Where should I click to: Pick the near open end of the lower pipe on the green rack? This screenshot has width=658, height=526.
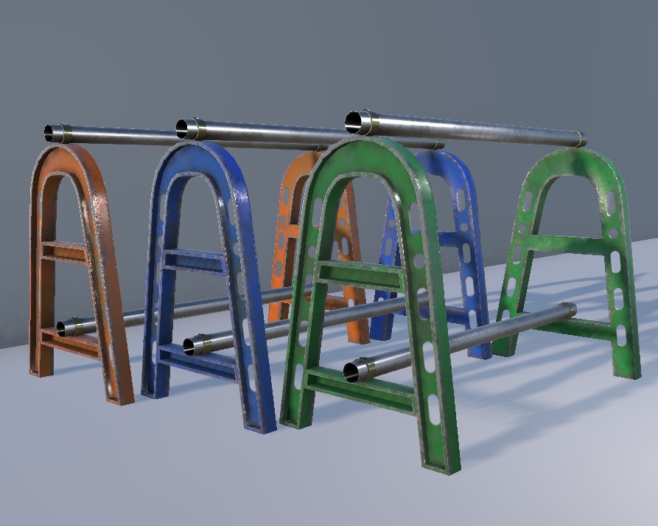pos(352,371)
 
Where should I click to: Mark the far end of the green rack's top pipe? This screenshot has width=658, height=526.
pos(580,139)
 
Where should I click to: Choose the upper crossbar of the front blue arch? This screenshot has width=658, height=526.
pos(193,260)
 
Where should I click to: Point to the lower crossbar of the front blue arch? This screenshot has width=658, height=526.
pos(195,361)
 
